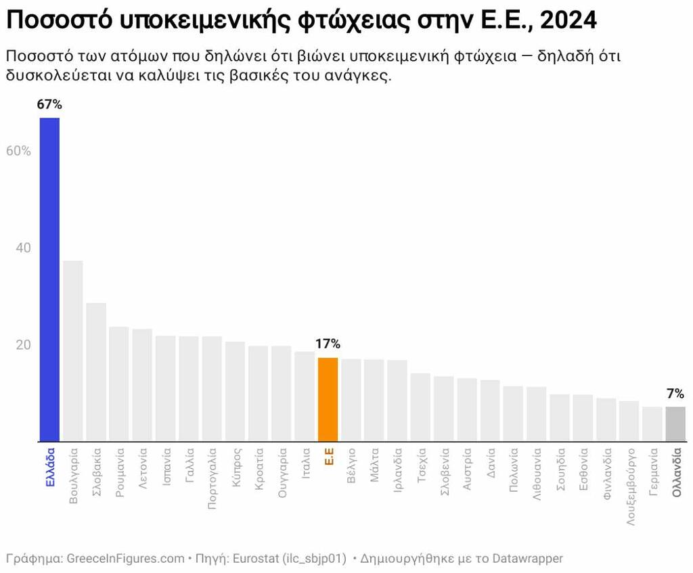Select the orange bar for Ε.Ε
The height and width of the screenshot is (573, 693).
pos(328,399)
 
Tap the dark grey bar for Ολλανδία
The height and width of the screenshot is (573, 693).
pos(675,423)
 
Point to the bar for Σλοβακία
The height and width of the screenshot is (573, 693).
pos(96,371)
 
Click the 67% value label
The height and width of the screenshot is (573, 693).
pos(50,104)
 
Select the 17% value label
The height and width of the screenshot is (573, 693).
pos(328,344)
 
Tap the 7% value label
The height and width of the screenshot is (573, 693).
pos(675,393)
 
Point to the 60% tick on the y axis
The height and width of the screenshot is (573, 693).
pos(19,151)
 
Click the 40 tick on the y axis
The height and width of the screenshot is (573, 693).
pos(23,248)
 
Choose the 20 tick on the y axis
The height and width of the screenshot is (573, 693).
pos(23,345)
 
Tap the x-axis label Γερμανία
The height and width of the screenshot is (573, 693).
pos(652,472)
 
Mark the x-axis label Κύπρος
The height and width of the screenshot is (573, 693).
pos(236,467)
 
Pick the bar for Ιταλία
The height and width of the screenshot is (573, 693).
pos(305,396)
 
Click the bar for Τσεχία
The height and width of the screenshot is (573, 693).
pos(420,407)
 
